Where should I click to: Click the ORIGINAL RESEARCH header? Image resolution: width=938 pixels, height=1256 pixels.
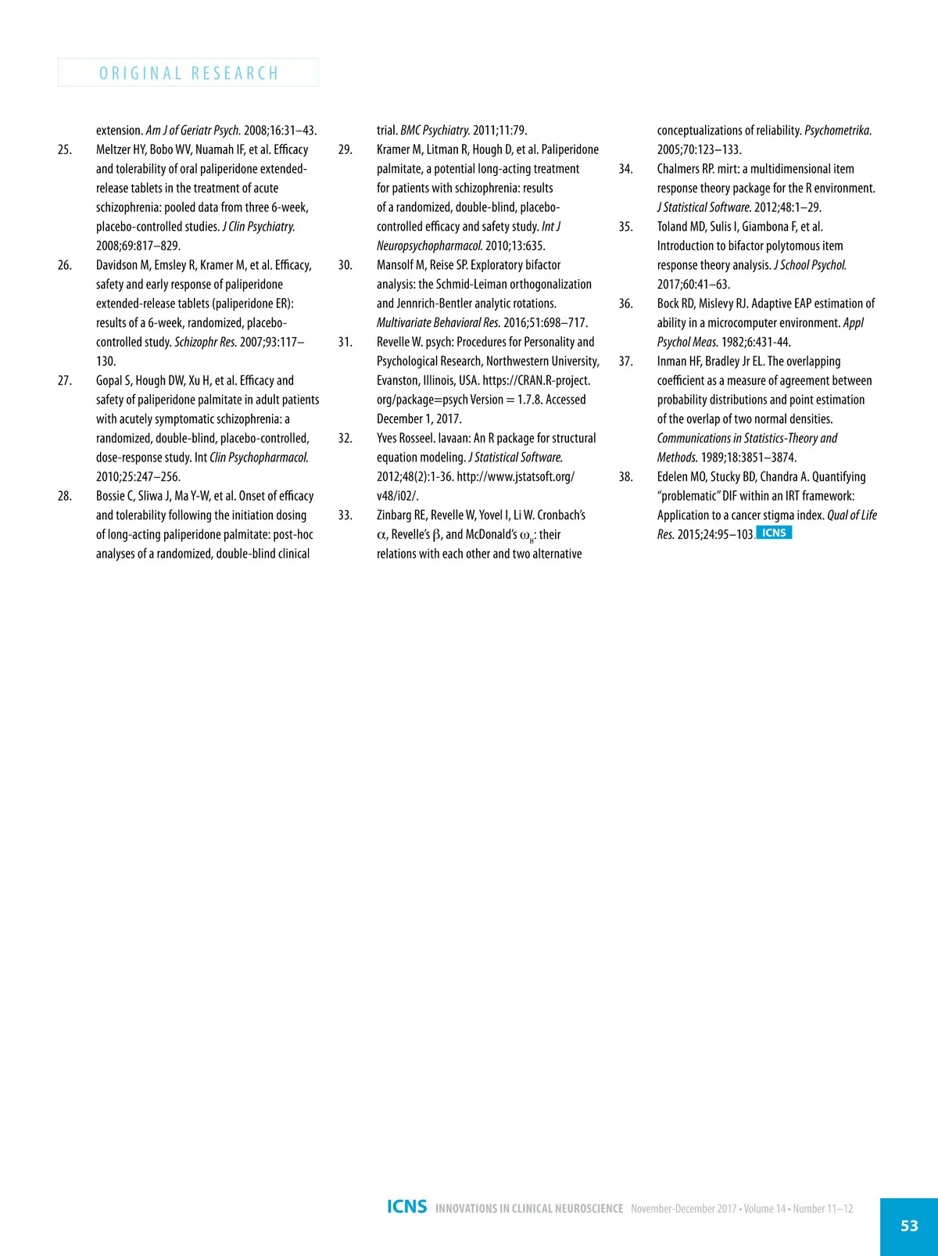(188, 73)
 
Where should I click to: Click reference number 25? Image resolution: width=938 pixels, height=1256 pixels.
(65, 149)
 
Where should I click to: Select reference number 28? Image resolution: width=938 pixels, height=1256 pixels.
(65, 496)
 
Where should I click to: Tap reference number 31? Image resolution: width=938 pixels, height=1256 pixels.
(345, 342)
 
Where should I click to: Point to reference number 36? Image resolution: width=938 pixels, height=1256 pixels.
(625, 303)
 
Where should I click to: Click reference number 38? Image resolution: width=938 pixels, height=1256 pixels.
(625, 476)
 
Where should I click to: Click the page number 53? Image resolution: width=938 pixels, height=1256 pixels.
(909, 1225)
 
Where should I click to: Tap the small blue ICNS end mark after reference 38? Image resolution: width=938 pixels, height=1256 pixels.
(774, 533)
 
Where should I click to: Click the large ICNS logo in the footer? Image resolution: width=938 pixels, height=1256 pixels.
(406, 1207)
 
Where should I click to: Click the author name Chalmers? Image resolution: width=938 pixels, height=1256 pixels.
(678, 169)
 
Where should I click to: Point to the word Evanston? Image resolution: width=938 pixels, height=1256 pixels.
(400, 381)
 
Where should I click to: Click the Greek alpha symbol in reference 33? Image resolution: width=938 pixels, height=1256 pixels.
(381, 536)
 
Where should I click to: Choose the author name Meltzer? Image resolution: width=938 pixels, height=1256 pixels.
(115, 149)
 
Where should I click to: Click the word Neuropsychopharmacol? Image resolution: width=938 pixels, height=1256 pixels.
(429, 246)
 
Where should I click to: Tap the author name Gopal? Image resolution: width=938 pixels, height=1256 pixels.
(109, 381)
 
